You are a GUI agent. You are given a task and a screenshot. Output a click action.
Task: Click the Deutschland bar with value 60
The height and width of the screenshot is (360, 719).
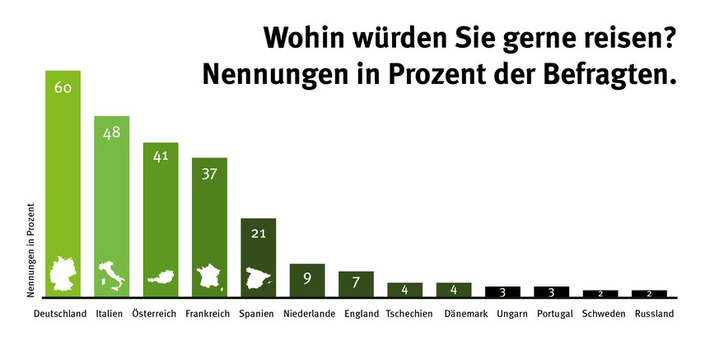[x=63, y=165]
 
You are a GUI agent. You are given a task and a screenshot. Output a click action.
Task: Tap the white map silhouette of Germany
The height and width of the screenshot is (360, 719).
[x=63, y=275]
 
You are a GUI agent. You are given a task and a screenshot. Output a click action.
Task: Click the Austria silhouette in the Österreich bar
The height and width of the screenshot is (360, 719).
[x=160, y=278]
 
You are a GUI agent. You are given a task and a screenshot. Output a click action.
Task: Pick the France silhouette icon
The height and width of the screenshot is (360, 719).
[x=209, y=276]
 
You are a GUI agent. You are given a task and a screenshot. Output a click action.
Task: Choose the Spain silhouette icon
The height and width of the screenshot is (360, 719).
[x=258, y=278]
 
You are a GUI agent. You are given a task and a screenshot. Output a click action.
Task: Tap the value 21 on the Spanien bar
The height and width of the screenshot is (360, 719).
[x=258, y=233]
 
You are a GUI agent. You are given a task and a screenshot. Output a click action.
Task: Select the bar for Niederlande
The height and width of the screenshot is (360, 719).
[x=307, y=280]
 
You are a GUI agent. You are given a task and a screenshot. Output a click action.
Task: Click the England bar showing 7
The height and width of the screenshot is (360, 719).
[x=356, y=283]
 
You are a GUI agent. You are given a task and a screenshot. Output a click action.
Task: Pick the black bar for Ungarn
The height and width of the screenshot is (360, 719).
[x=502, y=292]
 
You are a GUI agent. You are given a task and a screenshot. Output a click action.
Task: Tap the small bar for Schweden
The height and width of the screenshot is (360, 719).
[x=600, y=293]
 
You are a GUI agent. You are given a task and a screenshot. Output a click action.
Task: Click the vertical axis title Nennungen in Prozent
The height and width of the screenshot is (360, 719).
[x=30, y=250]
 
